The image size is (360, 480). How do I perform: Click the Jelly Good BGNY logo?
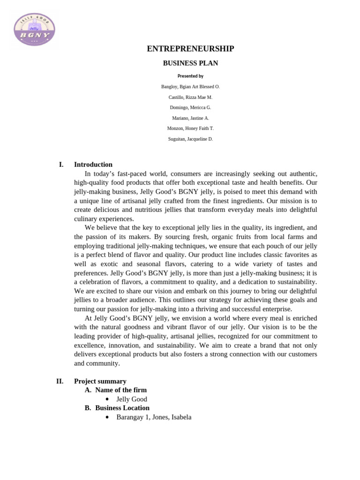click(x=35, y=30)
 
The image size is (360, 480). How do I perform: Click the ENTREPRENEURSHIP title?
click(x=190, y=49)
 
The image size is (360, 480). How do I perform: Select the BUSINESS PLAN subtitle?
click(x=190, y=63)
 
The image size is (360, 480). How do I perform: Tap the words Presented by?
click(x=190, y=76)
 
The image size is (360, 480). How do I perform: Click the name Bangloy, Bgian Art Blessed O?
click(x=190, y=87)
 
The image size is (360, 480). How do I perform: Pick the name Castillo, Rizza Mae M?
click(x=190, y=97)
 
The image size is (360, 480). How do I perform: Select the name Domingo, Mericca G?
click(x=190, y=107)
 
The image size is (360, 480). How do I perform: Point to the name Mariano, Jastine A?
click(x=190, y=118)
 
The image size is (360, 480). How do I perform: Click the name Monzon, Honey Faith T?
click(x=190, y=128)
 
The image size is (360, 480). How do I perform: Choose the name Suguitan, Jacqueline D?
click(x=190, y=139)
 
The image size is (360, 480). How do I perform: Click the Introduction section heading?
click(x=93, y=165)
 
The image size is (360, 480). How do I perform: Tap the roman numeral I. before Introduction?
click(x=61, y=165)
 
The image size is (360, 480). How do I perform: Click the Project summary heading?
click(x=100, y=381)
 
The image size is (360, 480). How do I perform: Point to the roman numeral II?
click(x=60, y=381)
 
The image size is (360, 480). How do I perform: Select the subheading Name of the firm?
click(x=121, y=390)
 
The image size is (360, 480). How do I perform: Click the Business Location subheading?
click(x=122, y=408)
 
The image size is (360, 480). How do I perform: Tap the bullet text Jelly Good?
click(x=132, y=399)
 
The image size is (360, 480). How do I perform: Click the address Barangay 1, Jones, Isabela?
click(x=154, y=417)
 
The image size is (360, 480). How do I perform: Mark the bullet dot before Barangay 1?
click(x=107, y=417)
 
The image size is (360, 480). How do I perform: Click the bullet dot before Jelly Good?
click(x=107, y=399)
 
